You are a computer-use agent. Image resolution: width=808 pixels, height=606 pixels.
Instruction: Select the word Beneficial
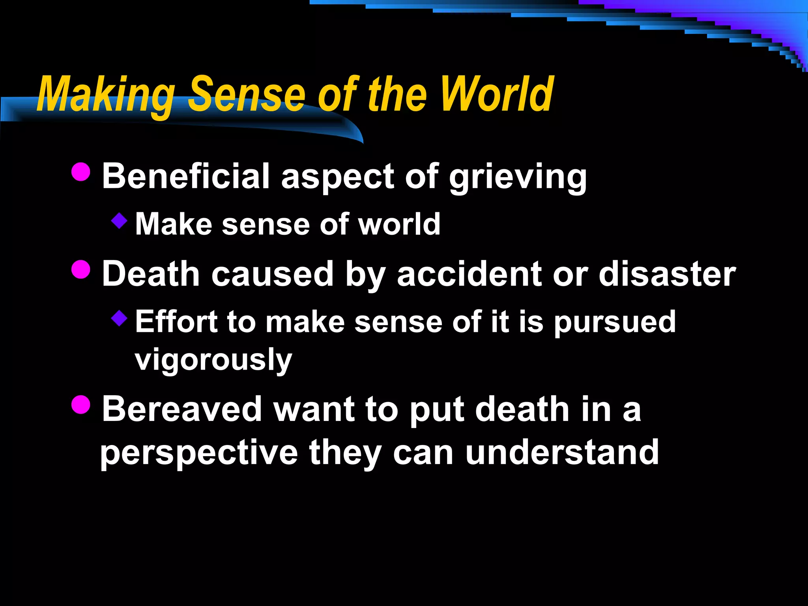click(x=185, y=176)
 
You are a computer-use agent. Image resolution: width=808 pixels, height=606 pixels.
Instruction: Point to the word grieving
click(x=518, y=178)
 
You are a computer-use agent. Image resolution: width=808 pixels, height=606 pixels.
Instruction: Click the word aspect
click(x=338, y=178)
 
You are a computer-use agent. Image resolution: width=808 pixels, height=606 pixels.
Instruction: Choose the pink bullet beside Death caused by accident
click(x=81, y=269)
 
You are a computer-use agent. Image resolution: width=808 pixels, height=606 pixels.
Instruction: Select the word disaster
click(x=667, y=274)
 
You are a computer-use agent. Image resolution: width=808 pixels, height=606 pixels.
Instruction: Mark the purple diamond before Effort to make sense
click(x=119, y=318)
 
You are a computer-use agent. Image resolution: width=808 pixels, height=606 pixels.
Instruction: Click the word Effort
click(x=176, y=322)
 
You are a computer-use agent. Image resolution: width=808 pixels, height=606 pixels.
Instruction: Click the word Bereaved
click(x=182, y=410)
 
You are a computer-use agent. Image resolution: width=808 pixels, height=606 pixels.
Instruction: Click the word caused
click(x=273, y=274)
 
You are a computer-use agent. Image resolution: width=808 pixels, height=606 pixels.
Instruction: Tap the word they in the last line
click(x=345, y=453)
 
